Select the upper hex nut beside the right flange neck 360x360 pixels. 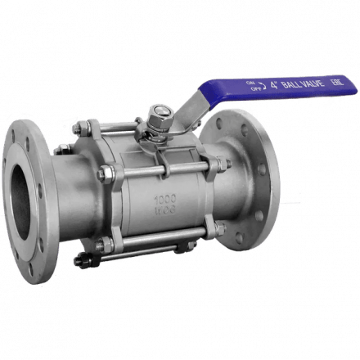click(x=222, y=169)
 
